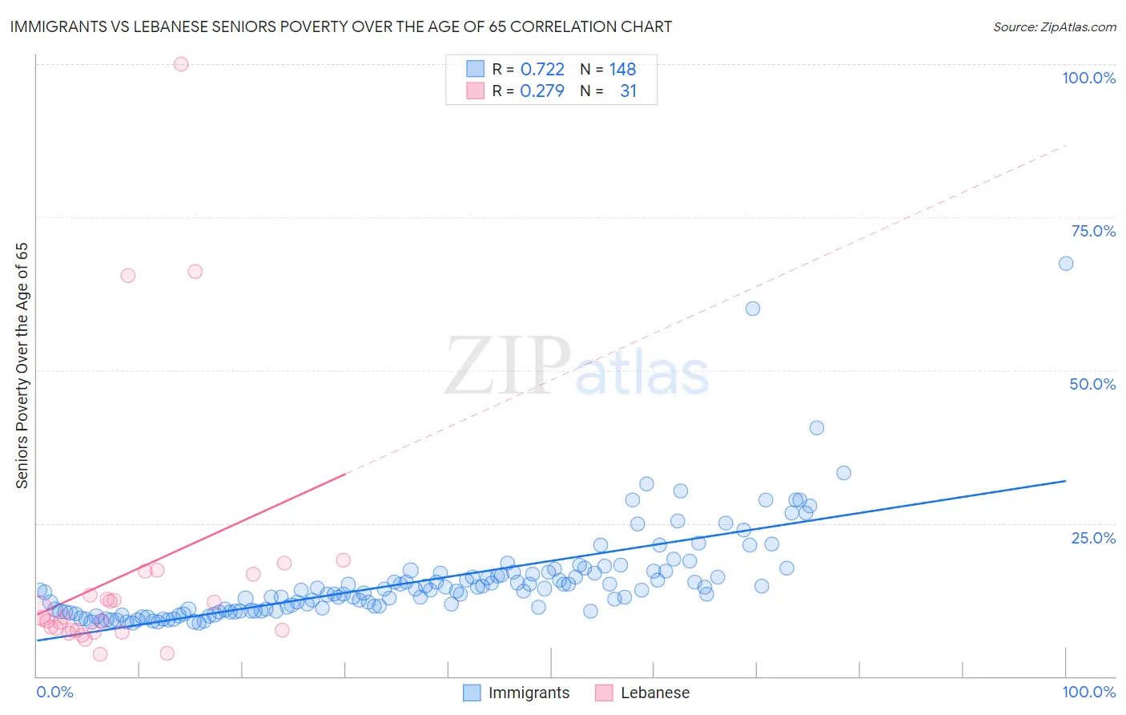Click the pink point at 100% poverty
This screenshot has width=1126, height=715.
[181, 64]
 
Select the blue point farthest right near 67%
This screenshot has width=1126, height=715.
[1066, 264]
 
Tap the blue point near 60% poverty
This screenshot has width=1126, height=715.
[753, 309]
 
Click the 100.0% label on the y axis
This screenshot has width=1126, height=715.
[1088, 78]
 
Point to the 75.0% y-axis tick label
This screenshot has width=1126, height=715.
[1093, 231]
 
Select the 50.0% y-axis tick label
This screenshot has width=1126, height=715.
[1092, 384]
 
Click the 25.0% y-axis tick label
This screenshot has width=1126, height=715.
[1093, 537]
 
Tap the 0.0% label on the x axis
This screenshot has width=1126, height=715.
[54, 692]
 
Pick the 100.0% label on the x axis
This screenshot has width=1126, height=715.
[1088, 692]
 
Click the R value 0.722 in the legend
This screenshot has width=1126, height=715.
[542, 70]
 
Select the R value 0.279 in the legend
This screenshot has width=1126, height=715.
[542, 91]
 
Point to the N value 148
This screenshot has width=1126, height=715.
[622, 70]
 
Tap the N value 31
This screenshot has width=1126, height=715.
[628, 91]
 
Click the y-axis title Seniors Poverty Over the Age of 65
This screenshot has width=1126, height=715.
[22, 366]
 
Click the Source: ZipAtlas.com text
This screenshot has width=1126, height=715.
[1054, 27]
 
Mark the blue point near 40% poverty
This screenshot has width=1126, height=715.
[817, 428]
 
